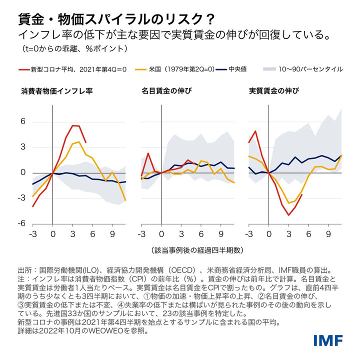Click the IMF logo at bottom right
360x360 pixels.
point(328,341)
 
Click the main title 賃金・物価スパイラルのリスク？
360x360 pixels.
point(116,18)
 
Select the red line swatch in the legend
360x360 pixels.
point(23,69)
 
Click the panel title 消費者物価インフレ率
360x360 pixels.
point(56,91)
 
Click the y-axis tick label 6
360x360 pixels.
point(22,122)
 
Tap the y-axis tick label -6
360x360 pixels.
point(21,223)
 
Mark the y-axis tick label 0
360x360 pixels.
point(22,172)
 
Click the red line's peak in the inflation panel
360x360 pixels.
point(73,125)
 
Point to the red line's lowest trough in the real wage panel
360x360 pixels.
point(289,215)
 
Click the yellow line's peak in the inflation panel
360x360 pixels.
point(79,142)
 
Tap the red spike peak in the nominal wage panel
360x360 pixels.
point(148,153)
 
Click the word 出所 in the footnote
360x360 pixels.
point(24,268)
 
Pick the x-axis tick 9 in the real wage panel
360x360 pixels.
point(328,233)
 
